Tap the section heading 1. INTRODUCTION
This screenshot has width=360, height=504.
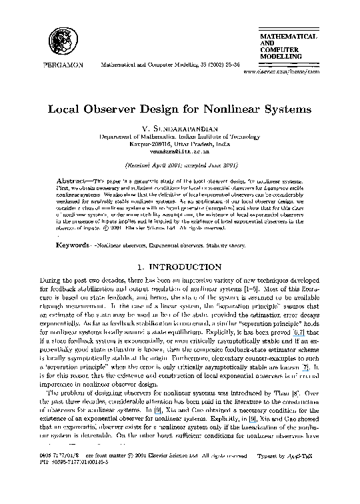click(x=180, y=267)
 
